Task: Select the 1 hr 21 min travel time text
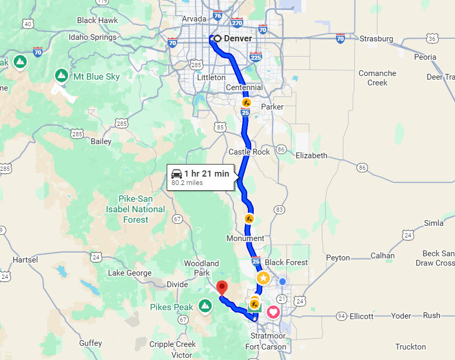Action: (x=207, y=173)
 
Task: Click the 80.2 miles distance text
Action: (x=187, y=183)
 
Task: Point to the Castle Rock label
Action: (x=249, y=152)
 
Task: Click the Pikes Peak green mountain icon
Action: (x=204, y=306)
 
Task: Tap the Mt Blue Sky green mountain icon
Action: (x=61, y=76)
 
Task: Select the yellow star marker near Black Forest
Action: (x=263, y=278)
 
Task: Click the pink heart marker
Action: (x=274, y=312)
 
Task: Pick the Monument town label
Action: (x=245, y=238)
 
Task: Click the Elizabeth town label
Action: (x=311, y=155)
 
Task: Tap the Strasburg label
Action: (x=376, y=38)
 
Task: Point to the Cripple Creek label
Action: (x=172, y=344)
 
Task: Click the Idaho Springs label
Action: (x=93, y=37)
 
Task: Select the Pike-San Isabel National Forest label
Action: (x=136, y=209)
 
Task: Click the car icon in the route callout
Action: (x=177, y=173)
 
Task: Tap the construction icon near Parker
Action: (x=246, y=102)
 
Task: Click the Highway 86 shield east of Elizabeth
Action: (x=362, y=167)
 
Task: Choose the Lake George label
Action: (x=129, y=273)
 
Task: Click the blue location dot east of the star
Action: (x=283, y=281)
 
